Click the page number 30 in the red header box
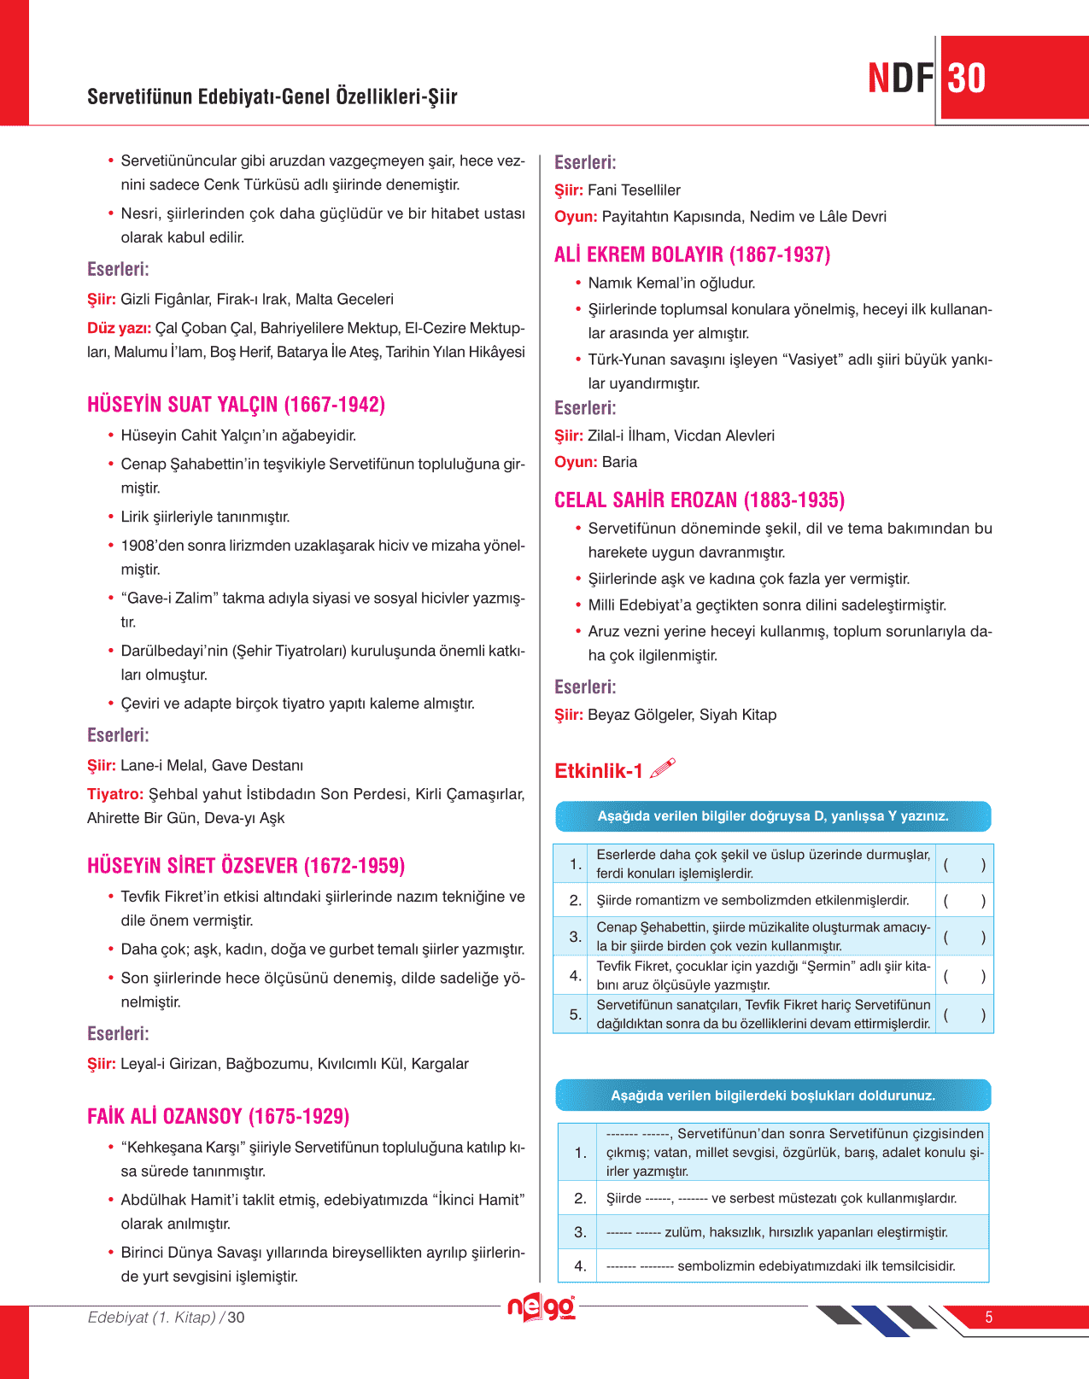pos(967,79)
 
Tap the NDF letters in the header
pos(900,79)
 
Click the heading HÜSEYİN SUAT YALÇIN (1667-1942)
pos(236,405)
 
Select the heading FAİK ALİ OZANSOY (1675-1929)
pos(218,1116)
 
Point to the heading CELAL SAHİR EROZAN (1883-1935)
pos(699,500)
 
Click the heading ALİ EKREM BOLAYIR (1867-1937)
pos(692,254)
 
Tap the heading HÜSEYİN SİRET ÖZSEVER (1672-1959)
pos(246,866)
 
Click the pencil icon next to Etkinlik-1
pos(662,768)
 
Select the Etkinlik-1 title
pos(599,771)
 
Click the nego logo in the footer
pos(541,1307)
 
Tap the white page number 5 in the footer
pos(989,1318)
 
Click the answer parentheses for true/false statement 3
pos(964,937)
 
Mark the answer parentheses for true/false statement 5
pos(964,1015)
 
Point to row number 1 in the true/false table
pos(575,864)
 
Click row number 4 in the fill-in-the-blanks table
pos(580,1265)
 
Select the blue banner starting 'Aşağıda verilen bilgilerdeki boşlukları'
pos(773,1096)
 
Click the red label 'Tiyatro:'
pos(115,794)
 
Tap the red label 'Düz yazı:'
pos(119,328)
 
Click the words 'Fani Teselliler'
pos(634,190)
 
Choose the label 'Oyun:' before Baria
pos(576,462)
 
